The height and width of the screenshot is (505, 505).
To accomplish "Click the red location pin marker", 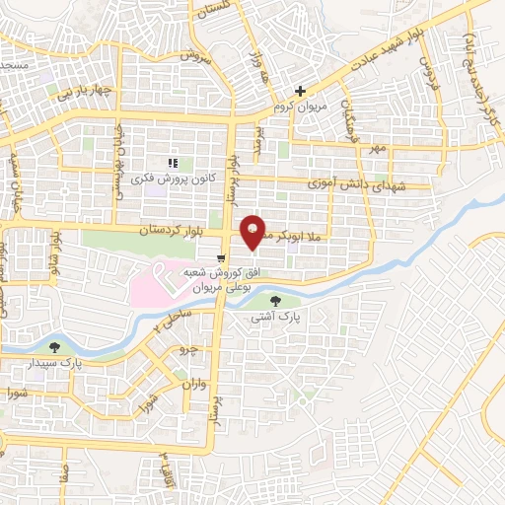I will pyautogui.click(x=253, y=233).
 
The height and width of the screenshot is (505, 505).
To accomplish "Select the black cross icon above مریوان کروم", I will pyautogui.click(x=301, y=91).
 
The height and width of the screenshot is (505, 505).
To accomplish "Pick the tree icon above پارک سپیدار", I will pyautogui.click(x=55, y=347).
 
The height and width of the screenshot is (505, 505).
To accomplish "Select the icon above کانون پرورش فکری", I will pyautogui.click(x=173, y=163).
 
